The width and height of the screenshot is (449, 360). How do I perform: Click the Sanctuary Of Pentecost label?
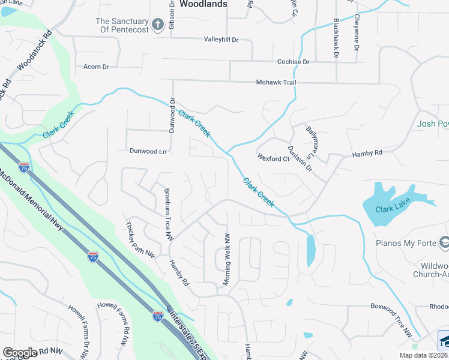[x=121, y=25]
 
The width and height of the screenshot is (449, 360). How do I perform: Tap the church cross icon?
[x=158, y=25]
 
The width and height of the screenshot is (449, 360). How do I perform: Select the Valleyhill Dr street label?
[x=221, y=40]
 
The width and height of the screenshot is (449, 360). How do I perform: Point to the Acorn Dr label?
[x=96, y=67]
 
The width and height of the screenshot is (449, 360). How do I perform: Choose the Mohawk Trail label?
[x=276, y=82]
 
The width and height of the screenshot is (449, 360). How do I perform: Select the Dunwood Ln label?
[x=147, y=151]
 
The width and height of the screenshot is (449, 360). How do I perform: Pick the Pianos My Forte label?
[x=405, y=243]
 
